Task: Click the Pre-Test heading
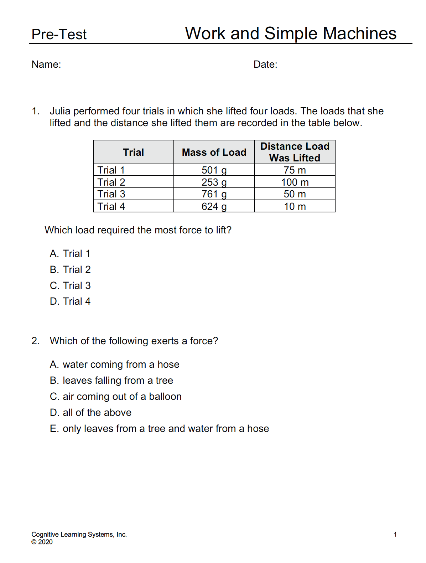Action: click(59, 35)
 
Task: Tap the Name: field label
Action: click(46, 64)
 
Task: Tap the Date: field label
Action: click(265, 64)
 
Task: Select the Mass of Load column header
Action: click(214, 153)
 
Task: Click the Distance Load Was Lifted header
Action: click(295, 152)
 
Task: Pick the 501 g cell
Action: click(214, 170)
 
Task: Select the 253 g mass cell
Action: click(214, 182)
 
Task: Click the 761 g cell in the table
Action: click(214, 194)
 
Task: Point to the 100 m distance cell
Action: click(295, 182)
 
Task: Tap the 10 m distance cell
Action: click(295, 207)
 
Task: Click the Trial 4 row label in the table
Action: click(111, 207)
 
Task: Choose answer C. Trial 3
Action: click(70, 286)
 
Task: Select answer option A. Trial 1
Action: click(70, 254)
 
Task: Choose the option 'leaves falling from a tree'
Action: click(111, 381)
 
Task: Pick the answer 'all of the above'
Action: click(91, 413)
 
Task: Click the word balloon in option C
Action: click(165, 397)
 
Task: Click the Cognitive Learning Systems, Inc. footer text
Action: click(79, 534)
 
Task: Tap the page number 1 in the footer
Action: click(395, 534)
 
